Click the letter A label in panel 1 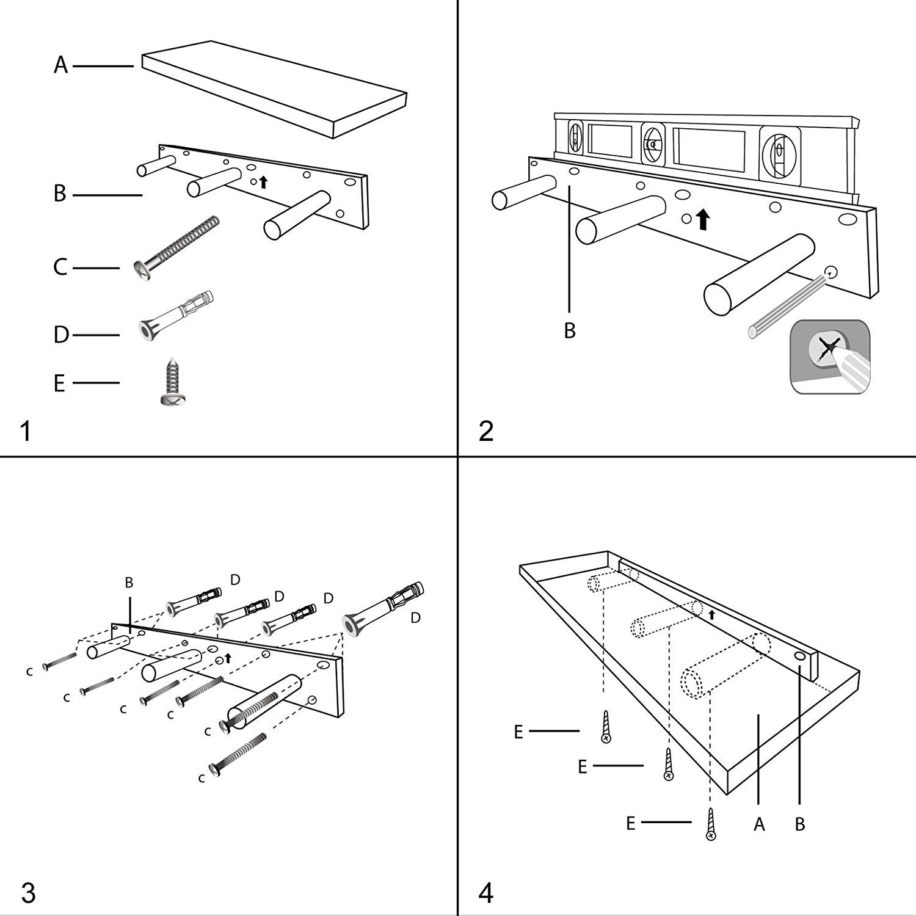(60, 64)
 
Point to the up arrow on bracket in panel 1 (263, 181)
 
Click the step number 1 (25, 432)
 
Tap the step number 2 (486, 432)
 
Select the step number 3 (28, 893)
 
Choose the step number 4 (485, 893)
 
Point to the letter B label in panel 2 (570, 331)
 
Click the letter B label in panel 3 (129, 583)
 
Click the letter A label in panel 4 (759, 825)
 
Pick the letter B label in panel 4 (800, 825)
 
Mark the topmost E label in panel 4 (518, 732)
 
